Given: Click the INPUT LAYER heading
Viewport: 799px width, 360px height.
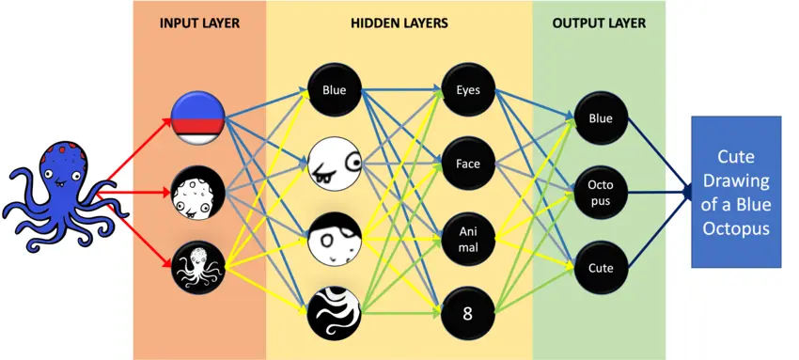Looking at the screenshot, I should pyautogui.click(x=199, y=23).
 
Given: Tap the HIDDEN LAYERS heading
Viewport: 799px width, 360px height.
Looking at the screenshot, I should pyautogui.click(x=399, y=23).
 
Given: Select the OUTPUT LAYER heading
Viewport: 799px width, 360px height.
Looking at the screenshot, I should pyautogui.click(x=600, y=23).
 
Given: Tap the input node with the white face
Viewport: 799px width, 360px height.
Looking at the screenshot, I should pyautogui.click(x=197, y=193).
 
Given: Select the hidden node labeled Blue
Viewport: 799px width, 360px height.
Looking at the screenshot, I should pyautogui.click(x=334, y=91).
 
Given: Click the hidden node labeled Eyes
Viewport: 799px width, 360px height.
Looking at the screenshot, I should pyautogui.click(x=467, y=91).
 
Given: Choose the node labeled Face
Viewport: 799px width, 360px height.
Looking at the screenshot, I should pyautogui.click(x=467, y=164).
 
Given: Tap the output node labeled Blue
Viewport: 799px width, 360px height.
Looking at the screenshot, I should pyautogui.click(x=600, y=119).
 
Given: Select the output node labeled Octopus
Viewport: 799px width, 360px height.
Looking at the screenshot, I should pyautogui.click(x=600, y=193).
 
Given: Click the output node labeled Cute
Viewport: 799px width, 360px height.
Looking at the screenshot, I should pyautogui.click(x=600, y=267).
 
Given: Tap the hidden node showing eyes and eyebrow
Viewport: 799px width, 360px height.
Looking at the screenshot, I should pyautogui.click(x=334, y=164).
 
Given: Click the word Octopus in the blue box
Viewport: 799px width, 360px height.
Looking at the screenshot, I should pyautogui.click(x=736, y=227).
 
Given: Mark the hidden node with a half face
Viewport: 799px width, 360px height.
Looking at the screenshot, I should pyautogui.click(x=334, y=239).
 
